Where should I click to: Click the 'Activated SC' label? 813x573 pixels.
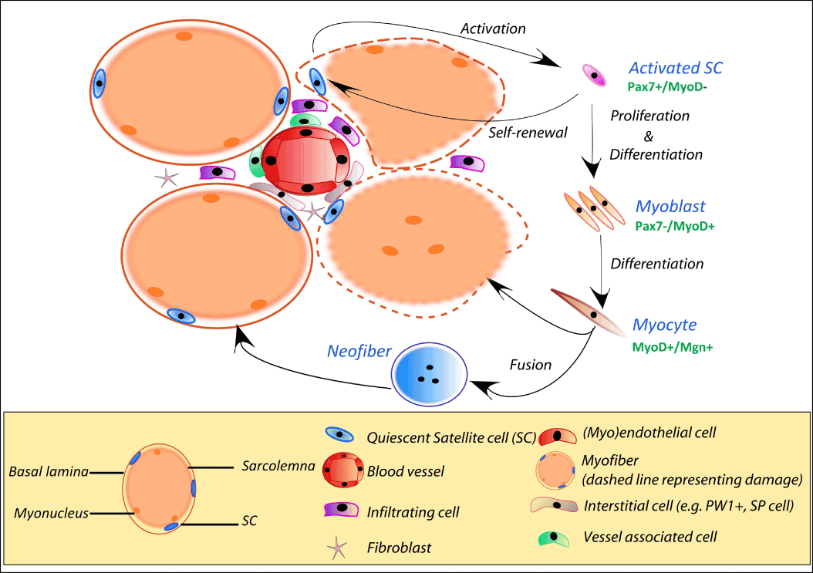pos(676,68)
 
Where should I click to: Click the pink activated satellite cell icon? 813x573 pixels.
pos(593,74)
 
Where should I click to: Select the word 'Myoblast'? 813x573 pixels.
pos(670,207)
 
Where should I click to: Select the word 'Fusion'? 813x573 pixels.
pos(531,365)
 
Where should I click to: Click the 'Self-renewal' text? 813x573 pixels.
pos(528,132)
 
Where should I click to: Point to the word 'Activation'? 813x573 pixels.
pos(493,29)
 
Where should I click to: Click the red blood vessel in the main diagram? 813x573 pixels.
pos(305,160)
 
